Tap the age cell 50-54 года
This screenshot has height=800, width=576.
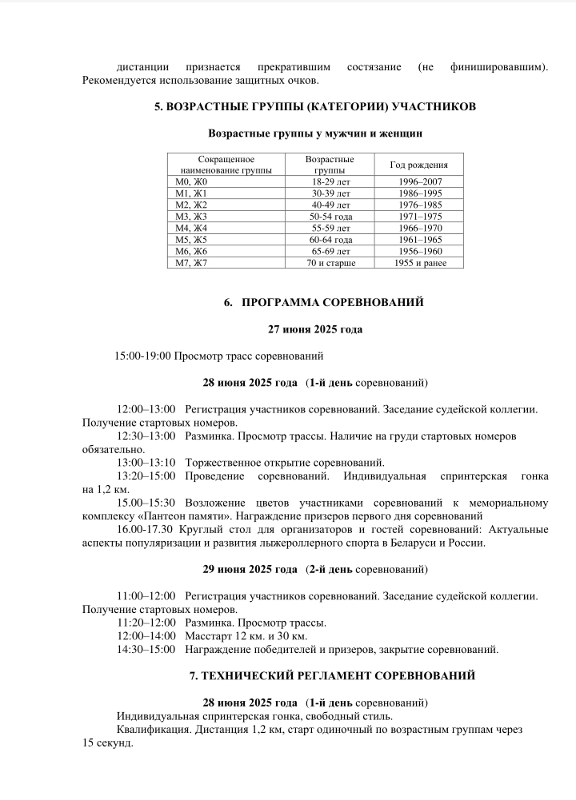330,217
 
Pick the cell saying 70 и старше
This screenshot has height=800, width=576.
330,262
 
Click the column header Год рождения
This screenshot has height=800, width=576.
418,165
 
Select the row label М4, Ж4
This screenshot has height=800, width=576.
190,228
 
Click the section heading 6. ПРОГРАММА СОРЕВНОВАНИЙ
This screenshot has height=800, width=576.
323,302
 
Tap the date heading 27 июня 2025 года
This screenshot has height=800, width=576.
314,328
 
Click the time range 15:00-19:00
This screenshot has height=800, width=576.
143,356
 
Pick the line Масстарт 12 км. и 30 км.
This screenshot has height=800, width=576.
246,635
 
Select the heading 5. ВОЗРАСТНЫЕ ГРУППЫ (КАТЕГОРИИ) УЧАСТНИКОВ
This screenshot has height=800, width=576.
315,106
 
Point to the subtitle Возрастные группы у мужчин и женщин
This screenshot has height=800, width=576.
314,133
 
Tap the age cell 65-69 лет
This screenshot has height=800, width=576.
330,251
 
